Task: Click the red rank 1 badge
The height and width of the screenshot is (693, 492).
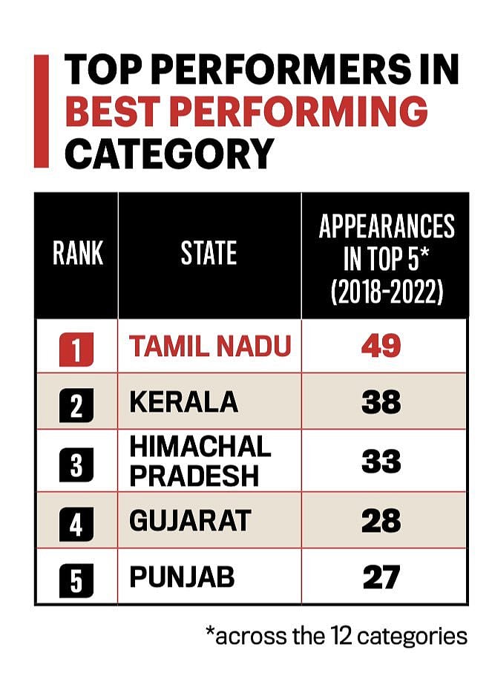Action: pyautogui.click(x=76, y=347)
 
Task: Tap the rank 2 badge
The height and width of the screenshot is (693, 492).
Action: pyautogui.click(x=76, y=404)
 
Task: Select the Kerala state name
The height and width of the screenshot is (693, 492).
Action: pyautogui.click(x=183, y=402)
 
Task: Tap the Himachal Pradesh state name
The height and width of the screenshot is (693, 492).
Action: pyautogui.click(x=200, y=462)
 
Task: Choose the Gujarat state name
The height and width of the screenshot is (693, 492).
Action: pyautogui.click(x=190, y=520)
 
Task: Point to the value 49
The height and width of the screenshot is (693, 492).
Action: pyautogui.click(x=381, y=345)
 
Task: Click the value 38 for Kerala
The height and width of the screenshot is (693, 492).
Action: pyautogui.click(x=381, y=402)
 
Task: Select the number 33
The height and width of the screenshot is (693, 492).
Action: pyautogui.click(x=381, y=461)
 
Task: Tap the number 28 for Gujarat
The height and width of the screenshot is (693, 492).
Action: pyautogui.click(x=381, y=520)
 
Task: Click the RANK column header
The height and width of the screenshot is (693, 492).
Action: pyautogui.click(x=77, y=254)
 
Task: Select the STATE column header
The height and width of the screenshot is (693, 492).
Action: pyautogui.click(x=209, y=254)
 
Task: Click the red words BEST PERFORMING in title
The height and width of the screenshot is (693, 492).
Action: pyautogui.click(x=246, y=112)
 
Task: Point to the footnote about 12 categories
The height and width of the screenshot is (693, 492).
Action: pyautogui.click(x=336, y=636)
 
